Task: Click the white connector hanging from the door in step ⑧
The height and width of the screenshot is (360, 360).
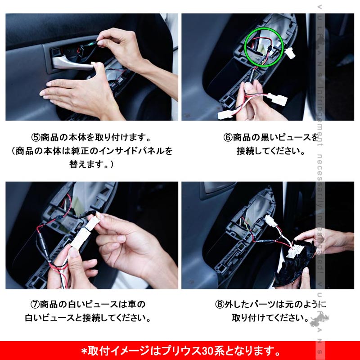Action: point(271,221)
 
